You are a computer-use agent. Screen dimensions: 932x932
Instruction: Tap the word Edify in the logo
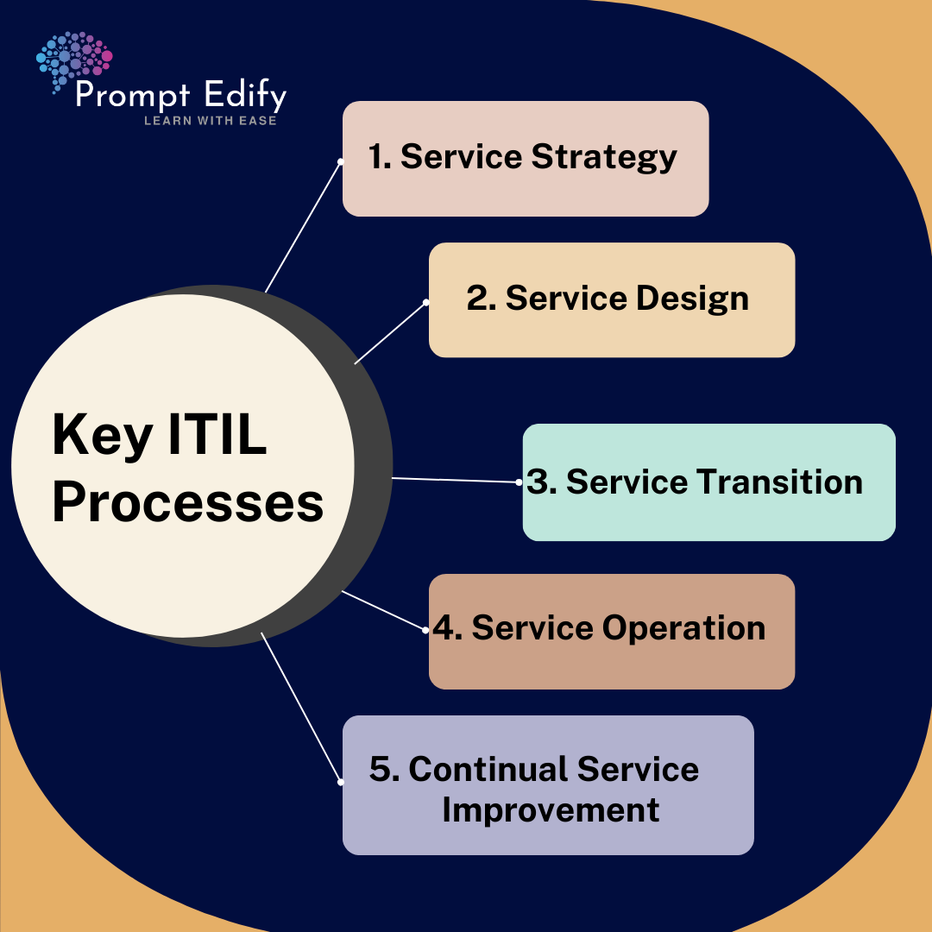[245, 96]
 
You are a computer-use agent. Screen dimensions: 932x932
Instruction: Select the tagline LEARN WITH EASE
[211, 121]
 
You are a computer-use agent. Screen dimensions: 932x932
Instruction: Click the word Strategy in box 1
[604, 158]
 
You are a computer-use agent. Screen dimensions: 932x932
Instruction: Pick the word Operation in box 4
[683, 629]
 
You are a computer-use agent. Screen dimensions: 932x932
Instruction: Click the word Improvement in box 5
[551, 809]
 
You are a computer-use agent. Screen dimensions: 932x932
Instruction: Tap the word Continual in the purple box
[488, 769]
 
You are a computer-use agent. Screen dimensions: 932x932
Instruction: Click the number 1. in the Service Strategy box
[380, 157]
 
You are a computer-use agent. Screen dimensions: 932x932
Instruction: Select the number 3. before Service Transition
[541, 482]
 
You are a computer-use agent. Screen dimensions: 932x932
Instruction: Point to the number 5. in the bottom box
[384, 769]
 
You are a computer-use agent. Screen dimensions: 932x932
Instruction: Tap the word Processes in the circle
[188, 503]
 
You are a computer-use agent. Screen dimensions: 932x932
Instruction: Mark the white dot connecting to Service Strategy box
[341, 161]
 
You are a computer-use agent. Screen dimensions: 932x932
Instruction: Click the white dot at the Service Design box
[425, 303]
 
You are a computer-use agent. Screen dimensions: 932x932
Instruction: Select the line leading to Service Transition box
[456, 481]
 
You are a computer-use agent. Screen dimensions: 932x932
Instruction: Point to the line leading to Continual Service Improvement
[301, 708]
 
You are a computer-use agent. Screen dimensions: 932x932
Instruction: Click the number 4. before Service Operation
[448, 628]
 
